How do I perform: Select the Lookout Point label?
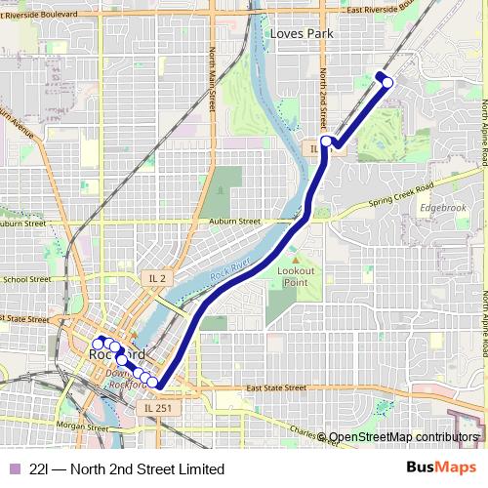[x=296, y=275]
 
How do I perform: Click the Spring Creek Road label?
[x=398, y=198]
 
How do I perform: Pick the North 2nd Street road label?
[x=323, y=93]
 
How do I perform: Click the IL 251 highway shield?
[x=156, y=407]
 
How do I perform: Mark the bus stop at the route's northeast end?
[x=387, y=82]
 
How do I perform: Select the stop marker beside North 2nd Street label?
[x=326, y=142]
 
